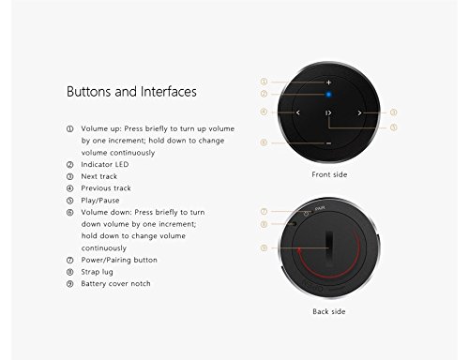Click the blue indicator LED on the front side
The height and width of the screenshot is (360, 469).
[x=328, y=94]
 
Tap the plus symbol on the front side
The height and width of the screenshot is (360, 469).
[x=328, y=82]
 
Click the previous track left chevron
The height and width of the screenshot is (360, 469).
[x=297, y=112]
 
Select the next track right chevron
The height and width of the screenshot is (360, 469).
[x=359, y=112]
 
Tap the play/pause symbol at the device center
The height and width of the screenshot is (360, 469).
[x=328, y=112]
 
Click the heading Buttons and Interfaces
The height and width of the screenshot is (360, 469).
[x=131, y=92]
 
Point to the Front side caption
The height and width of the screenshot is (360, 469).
[x=329, y=174]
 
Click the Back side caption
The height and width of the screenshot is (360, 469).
[x=329, y=311]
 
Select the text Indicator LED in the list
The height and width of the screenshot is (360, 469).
[x=105, y=164]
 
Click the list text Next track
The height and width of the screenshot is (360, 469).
[x=99, y=176]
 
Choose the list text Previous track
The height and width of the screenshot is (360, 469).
[x=106, y=188]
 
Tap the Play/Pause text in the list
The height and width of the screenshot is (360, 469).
[x=100, y=201]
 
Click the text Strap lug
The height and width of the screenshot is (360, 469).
[x=97, y=272]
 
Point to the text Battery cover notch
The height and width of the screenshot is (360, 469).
[x=115, y=284]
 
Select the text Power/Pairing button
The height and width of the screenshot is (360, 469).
[x=119, y=260]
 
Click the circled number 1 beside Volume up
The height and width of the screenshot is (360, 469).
[x=70, y=128]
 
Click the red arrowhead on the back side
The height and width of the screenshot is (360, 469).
[x=299, y=250]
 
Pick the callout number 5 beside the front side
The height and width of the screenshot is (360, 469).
[x=394, y=127]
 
